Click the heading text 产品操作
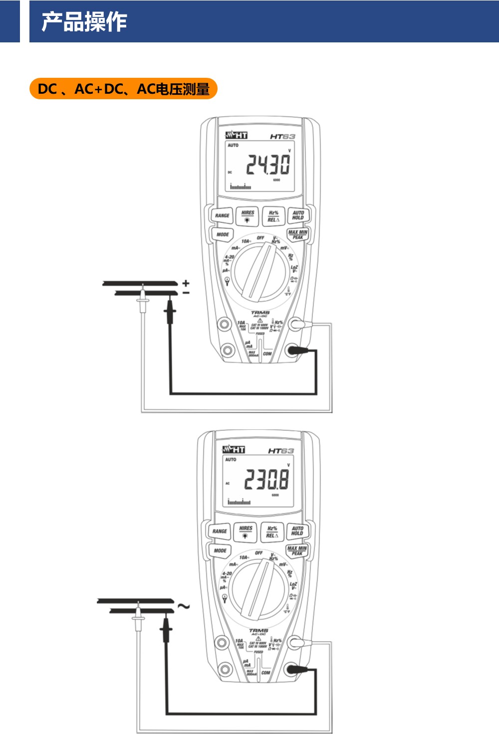tap(84, 22)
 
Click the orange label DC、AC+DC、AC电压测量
tap(123, 89)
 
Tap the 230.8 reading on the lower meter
tap(266, 480)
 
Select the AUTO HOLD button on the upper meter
tap(298, 215)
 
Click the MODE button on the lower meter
tap(220, 550)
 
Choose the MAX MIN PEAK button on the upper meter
tap(298, 234)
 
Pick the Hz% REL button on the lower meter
tap(272, 532)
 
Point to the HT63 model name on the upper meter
tap(282, 136)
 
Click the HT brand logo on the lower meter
tap(234, 450)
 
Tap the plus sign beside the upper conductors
tap(186, 283)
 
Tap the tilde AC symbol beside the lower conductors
tap(184, 606)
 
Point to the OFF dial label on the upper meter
tap(260, 238)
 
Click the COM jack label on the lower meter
tap(265, 672)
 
